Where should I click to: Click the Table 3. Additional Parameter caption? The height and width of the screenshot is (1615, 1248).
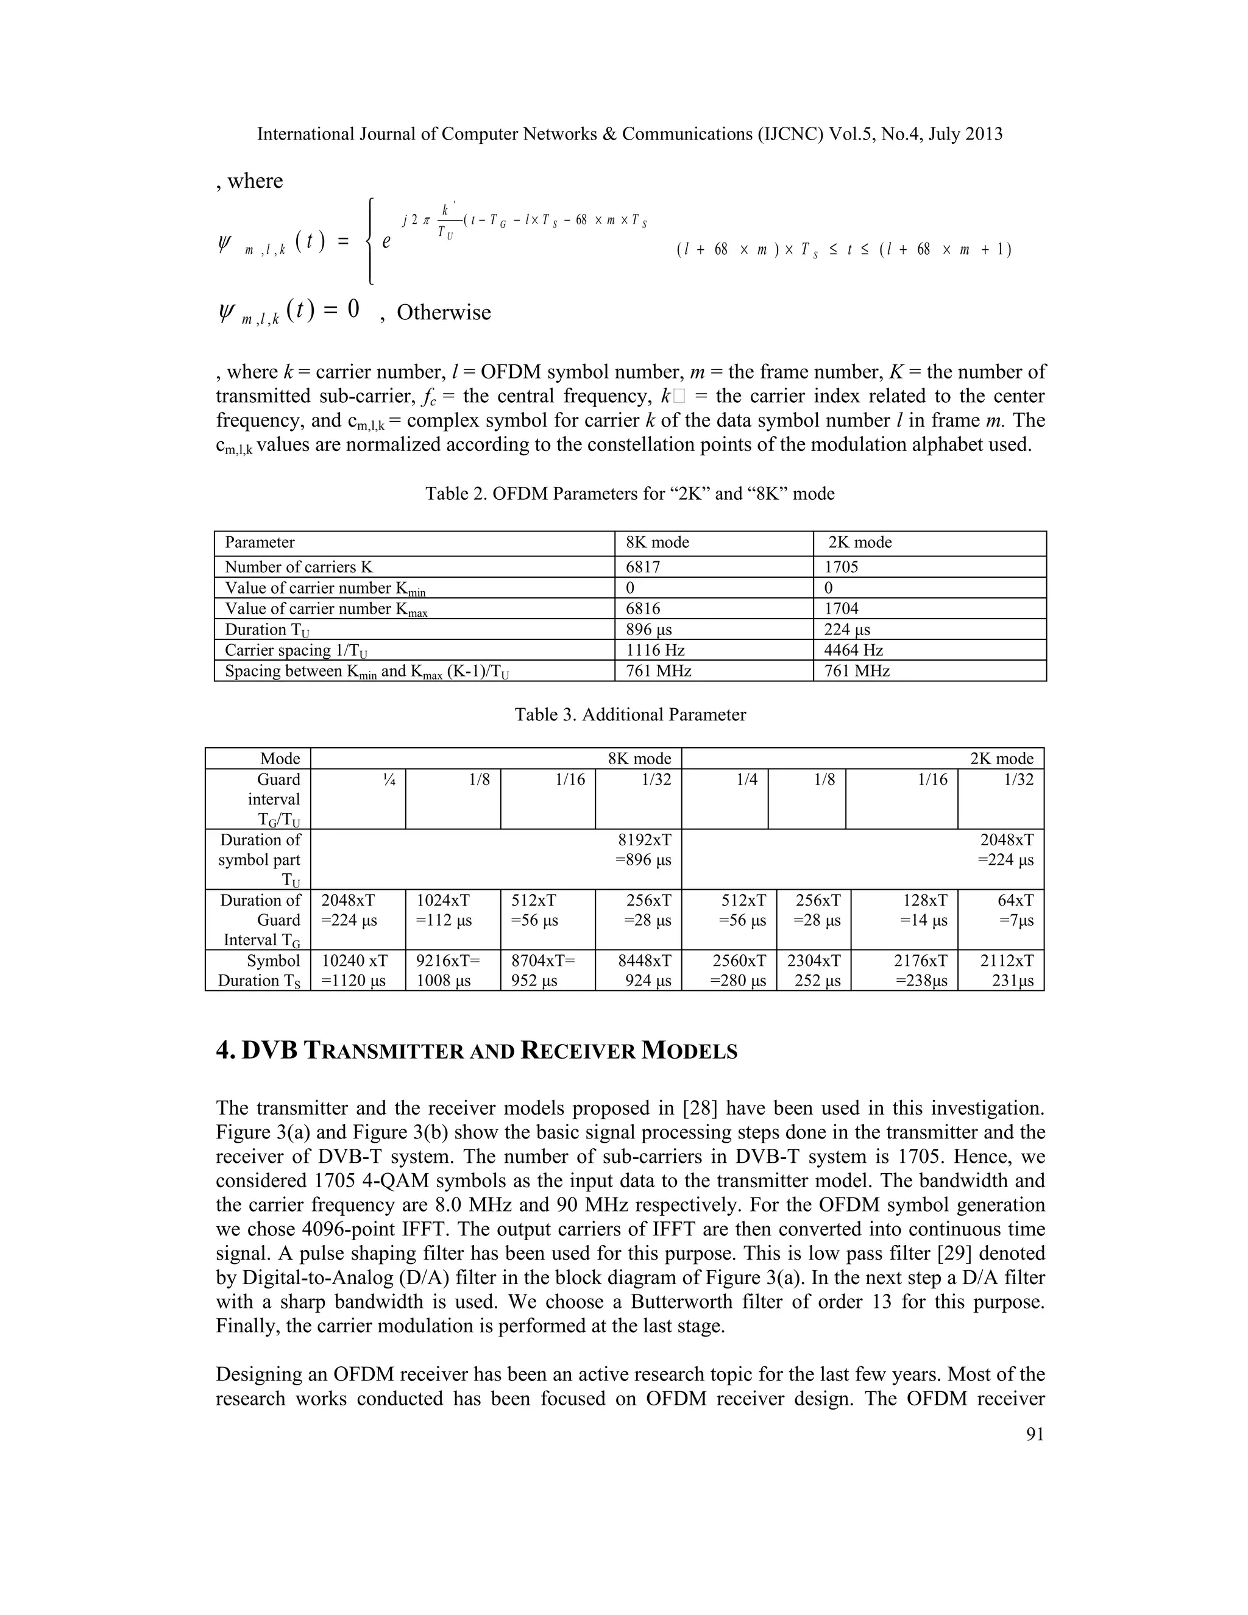click(x=630, y=714)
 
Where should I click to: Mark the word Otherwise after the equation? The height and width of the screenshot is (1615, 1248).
click(x=444, y=312)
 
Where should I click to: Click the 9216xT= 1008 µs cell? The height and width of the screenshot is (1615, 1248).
click(x=448, y=970)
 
